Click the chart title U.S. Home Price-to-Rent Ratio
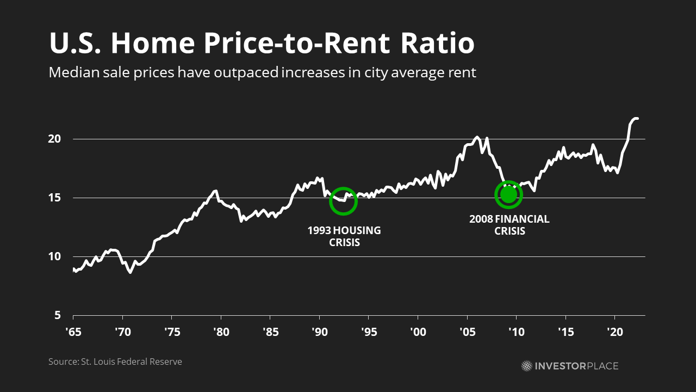(262, 44)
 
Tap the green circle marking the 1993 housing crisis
(343, 201)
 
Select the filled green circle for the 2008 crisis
(508, 194)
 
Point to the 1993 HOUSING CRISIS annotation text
(344, 236)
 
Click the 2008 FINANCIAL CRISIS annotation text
(509, 225)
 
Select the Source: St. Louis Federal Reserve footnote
(115, 362)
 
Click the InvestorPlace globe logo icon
(527, 366)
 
